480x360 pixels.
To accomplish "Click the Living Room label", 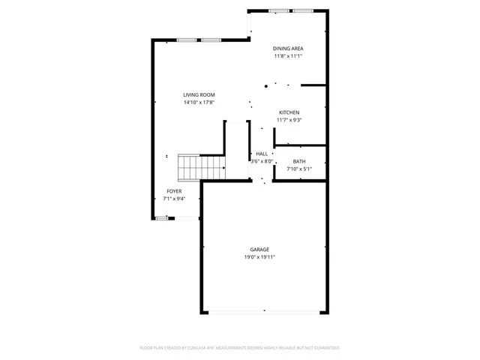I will pyautogui.click(x=199, y=94).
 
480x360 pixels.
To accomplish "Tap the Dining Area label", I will pyautogui.click(x=288, y=49).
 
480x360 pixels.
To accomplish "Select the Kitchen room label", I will pyautogui.click(x=289, y=112).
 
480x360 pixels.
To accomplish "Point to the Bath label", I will pyautogui.click(x=299, y=161).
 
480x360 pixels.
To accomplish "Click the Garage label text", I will pyautogui.click(x=259, y=250).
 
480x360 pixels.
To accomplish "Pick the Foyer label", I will pyautogui.click(x=174, y=191).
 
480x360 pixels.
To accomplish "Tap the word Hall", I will pyautogui.click(x=262, y=154).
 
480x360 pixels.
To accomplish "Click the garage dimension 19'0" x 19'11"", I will pyautogui.click(x=259, y=257).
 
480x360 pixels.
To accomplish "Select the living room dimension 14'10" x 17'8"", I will pyautogui.click(x=199, y=102).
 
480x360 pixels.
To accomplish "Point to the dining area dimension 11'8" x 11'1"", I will pyautogui.click(x=288, y=56).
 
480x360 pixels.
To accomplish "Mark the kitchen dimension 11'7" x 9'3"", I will pyautogui.click(x=289, y=120).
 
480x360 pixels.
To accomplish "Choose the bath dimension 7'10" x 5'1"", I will pyautogui.click(x=299, y=169).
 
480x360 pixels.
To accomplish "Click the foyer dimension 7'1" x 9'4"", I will pyautogui.click(x=174, y=199).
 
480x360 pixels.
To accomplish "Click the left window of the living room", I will pyautogui.click(x=187, y=40).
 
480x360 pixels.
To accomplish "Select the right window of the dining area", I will pyautogui.click(x=303, y=10).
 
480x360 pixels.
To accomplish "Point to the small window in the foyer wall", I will pyautogui.click(x=161, y=218).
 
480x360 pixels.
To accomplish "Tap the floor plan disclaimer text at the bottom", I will pyautogui.click(x=240, y=348).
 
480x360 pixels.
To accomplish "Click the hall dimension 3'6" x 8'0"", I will pyautogui.click(x=261, y=161).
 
